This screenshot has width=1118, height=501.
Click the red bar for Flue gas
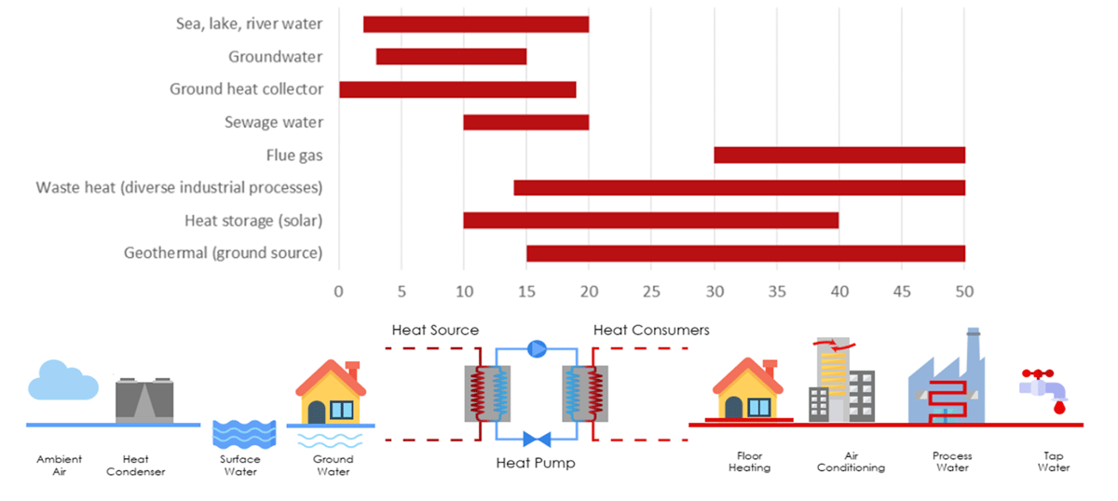838,156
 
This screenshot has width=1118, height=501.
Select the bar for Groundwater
451,57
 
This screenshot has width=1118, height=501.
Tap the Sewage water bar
525,122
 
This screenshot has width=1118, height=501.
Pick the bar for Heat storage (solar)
650,221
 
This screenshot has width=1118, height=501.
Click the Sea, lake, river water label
250,23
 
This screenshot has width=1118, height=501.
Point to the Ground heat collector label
246,89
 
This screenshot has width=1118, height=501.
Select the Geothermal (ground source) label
223,253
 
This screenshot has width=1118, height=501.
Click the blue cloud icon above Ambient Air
62,382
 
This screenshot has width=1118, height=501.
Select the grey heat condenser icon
143,400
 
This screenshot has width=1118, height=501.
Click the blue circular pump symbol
537,348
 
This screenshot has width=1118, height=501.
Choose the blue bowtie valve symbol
537,439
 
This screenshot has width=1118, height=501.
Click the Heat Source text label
435,330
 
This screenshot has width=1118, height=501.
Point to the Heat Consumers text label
651,330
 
